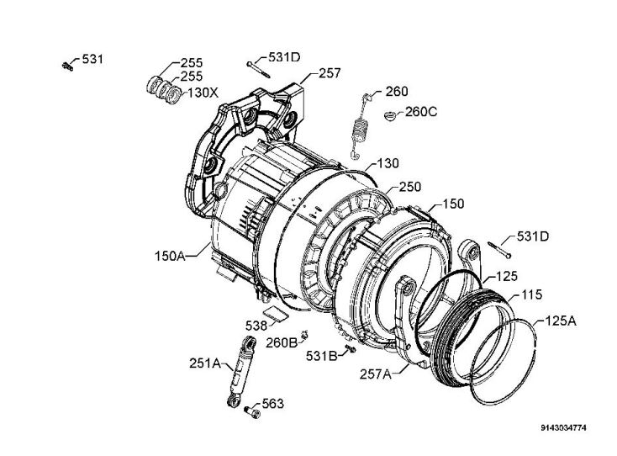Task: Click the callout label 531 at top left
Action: coord(92,59)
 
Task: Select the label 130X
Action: coord(203,93)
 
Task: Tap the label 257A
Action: coord(376,374)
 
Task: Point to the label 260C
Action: coord(421,112)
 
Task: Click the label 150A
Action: coord(170,256)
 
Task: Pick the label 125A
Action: coord(561,321)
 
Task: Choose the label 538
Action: coord(256,326)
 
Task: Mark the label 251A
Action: coord(205,363)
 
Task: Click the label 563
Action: coord(272,404)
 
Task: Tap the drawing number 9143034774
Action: coord(563,427)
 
